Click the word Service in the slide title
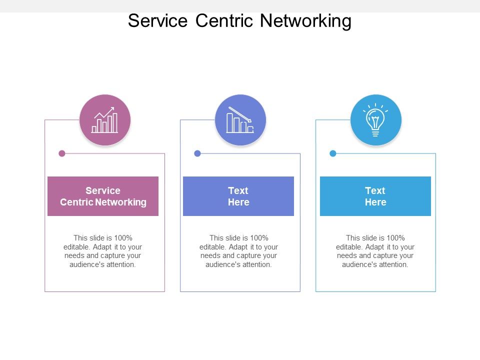(157, 21)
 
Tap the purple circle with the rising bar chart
(105, 120)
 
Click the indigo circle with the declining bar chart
(240, 120)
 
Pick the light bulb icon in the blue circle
(375, 120)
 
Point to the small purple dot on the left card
(62, 153)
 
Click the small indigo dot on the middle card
(197, 153)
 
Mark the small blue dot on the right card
(333, 153)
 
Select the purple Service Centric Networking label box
(103, 196)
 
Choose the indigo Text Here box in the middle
(238, 196)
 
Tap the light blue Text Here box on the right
(375, 196)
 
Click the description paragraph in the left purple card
(103, 251)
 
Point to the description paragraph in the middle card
(238, 251)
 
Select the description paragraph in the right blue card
(375, 251)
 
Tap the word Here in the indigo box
(238, 202)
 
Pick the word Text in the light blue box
(375, 190)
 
